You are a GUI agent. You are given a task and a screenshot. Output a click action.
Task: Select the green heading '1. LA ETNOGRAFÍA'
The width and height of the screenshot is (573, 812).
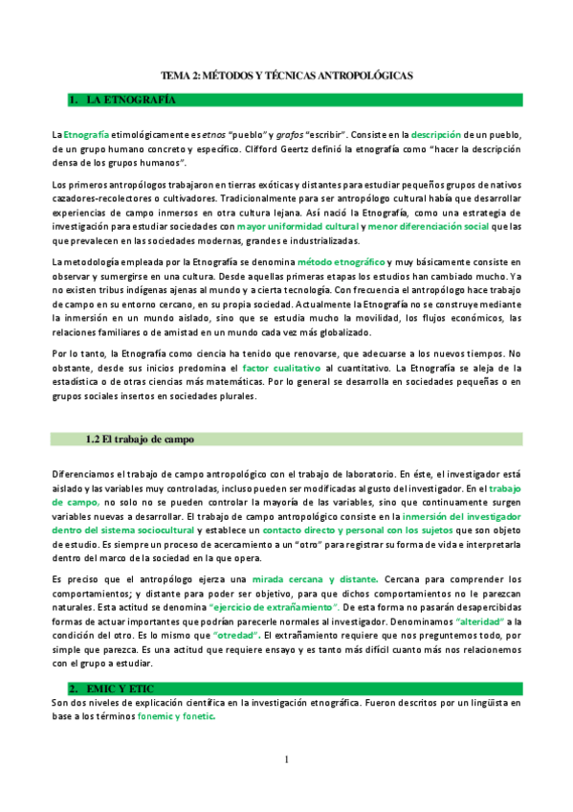(125, 100)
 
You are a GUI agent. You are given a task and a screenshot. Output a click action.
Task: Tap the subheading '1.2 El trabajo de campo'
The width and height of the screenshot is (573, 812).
(139, 440)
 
